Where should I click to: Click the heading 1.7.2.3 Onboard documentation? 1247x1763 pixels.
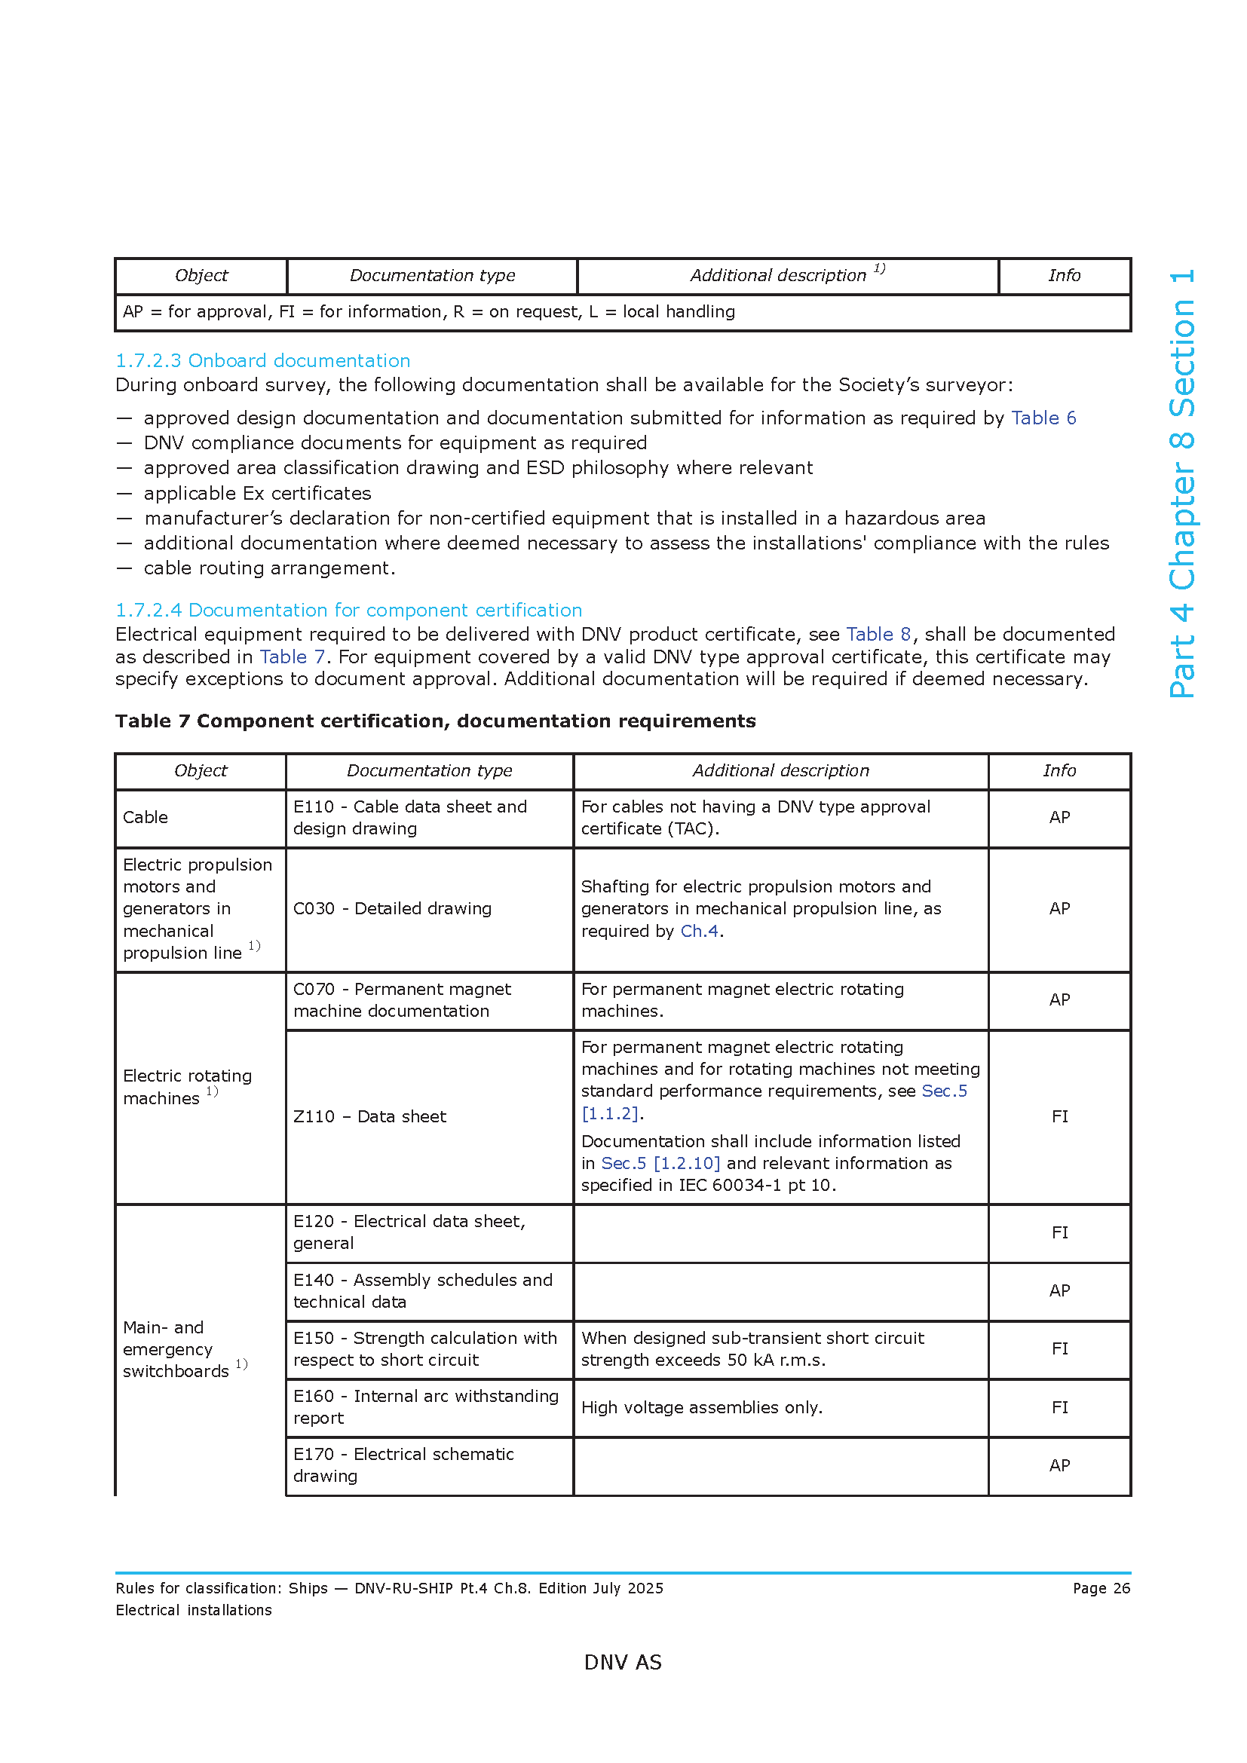pyautogui.click(x=262, y=360)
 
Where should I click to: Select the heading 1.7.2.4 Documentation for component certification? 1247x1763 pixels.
pyautogui.click(x=348, y=610)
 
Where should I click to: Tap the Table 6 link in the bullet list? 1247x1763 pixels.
pyautogui.click(x=1043, y=418)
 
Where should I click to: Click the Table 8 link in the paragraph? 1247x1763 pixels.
pyautogui.click(x=878, y=634)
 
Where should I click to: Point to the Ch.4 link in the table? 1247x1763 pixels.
pyautogui.click(x=699, y=931)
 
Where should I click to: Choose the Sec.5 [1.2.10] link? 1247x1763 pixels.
pyautogui.click(x=660, y=1163)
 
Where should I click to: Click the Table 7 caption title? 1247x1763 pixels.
pyautogui.click(x=435, y=721)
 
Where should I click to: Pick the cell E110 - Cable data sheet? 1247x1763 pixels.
pyautogui.click(x=409, y=817)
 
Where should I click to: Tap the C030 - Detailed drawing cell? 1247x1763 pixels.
pyautogui.click(x=391, y=908)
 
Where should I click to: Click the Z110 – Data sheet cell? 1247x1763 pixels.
pyautogui.click(x=369, y=1116)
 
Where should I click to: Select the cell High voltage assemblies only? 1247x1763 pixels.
pyautogui.click(x=701, y=1407)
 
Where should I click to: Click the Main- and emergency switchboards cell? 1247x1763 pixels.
pyautogui.click(x=176, y=1349)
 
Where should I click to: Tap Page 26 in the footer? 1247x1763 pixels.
pyautogui.click(x=1101, y=1588)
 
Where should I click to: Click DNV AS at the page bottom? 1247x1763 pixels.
pyautogui.click(x=623, y=1663)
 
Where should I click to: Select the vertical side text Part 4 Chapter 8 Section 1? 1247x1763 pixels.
pyautogui.click(x=1182, y=483)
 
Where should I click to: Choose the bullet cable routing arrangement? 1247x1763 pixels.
pyautogui.click(x=268, y=568)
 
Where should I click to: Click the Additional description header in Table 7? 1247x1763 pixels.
pyautogui.click(x=780, y=770)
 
